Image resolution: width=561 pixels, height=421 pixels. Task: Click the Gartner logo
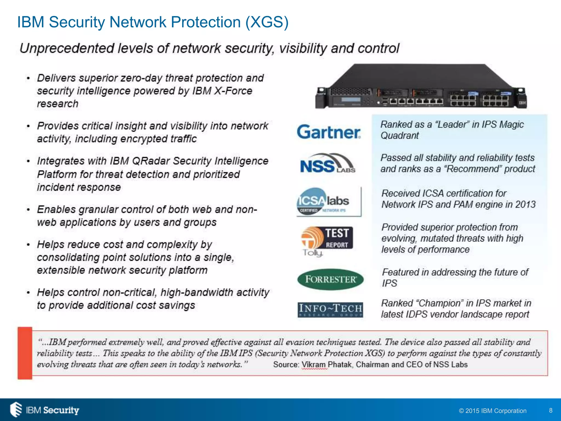(329, 132)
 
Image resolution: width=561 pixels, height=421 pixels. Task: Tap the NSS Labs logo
(328, 163)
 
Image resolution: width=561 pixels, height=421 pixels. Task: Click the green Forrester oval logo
(330, 279)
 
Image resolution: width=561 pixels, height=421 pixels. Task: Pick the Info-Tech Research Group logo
(330, 310)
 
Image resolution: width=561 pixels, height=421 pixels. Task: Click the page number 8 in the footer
(551, 410)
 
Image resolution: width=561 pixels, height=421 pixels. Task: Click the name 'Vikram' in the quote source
(314, 365)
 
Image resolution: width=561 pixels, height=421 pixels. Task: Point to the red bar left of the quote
(25, 353)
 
